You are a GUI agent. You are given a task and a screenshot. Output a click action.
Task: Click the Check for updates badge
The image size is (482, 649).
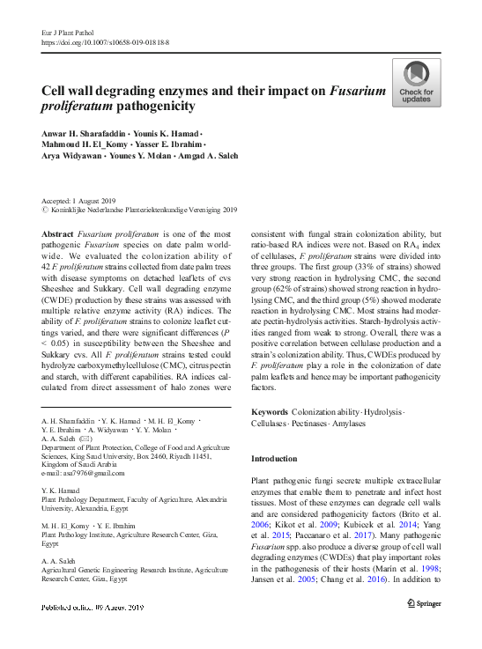point(417,84)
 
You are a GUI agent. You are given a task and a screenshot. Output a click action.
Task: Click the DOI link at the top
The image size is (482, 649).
point(106,42)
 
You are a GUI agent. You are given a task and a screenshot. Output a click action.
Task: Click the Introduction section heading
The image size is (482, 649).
point(276,459)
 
